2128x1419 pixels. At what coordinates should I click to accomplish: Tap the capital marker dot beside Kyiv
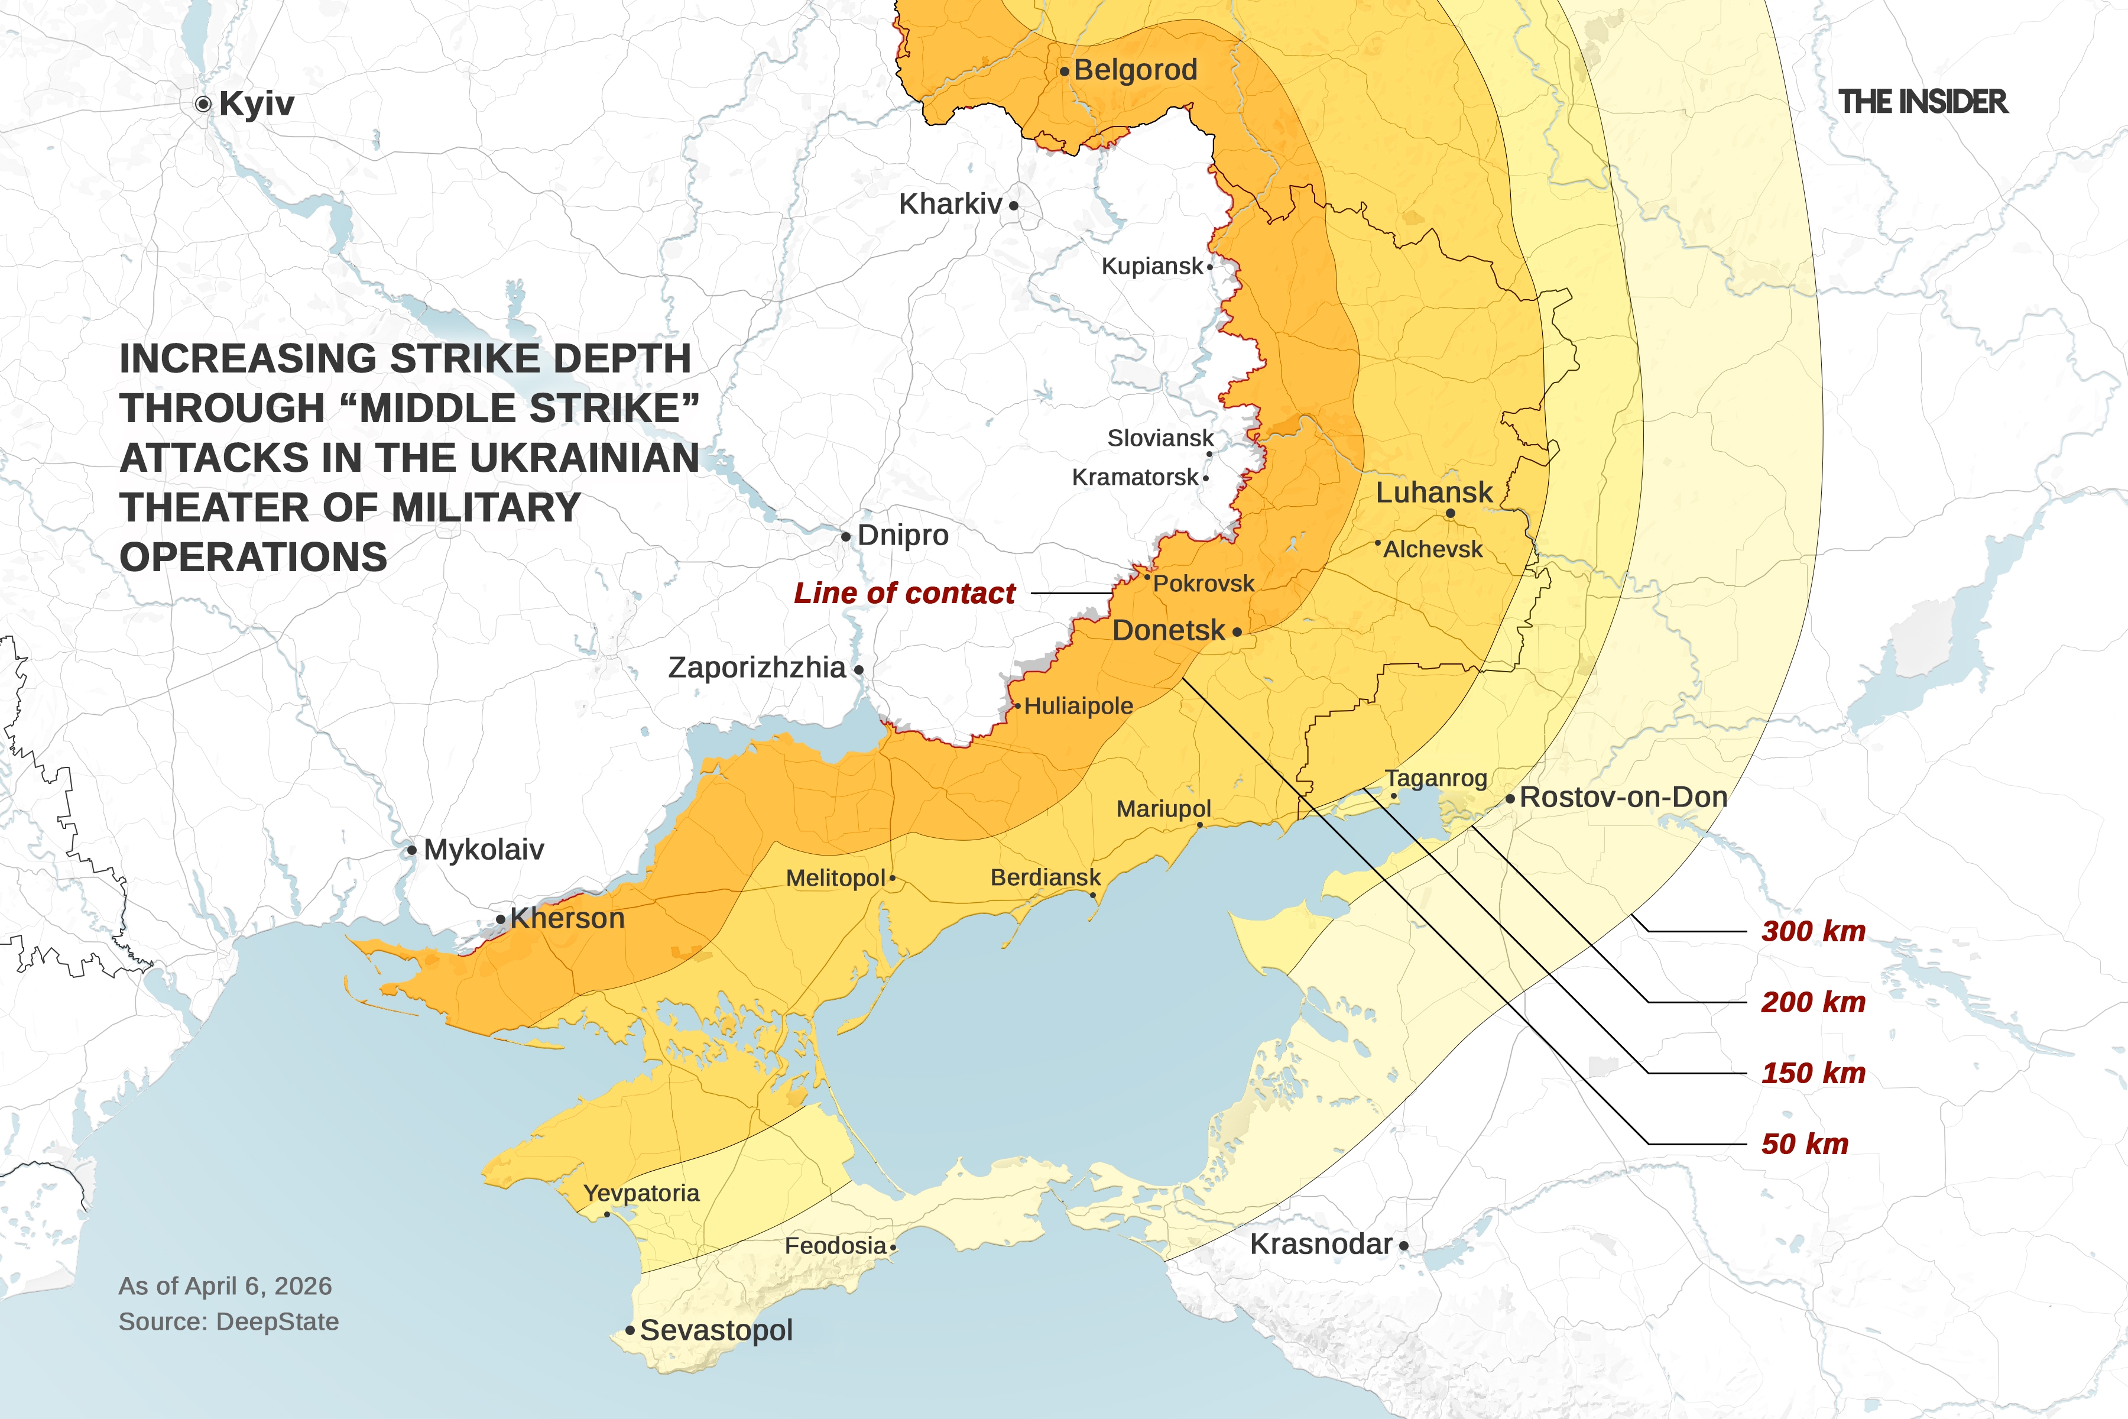point(203,104)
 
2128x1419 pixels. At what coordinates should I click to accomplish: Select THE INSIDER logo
point(1923,101)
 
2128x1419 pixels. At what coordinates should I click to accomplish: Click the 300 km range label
point(1813,931)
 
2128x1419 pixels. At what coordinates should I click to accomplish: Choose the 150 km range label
point(1813,1073)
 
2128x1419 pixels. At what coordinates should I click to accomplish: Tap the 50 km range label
point(1804,1144)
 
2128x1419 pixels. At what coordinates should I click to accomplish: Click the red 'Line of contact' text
point(905,593)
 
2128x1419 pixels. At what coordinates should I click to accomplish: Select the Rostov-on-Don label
point(1623,797)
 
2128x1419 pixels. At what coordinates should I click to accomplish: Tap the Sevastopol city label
point(716,1330)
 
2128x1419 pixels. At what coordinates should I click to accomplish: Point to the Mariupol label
point(1163,808)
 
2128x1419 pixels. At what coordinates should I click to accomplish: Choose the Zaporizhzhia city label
point(757,668)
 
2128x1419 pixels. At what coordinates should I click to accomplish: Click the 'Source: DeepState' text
point(229,1321)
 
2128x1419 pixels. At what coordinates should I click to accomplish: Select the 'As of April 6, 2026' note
point(225,1286)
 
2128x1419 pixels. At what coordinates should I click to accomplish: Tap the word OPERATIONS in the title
point(254,556)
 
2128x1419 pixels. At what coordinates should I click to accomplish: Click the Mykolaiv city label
point(483,850)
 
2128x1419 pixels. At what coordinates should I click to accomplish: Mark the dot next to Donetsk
point(1237,633)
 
